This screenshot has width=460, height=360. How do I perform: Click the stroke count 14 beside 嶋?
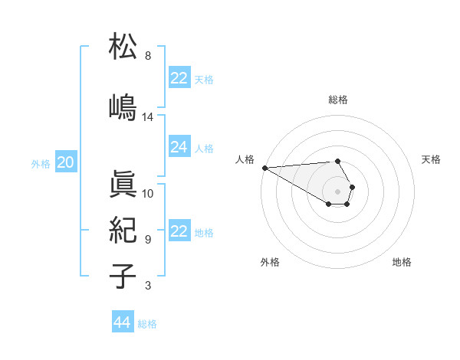(x=148, y=117)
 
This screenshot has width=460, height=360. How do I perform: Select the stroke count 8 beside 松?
(x=148, y=56)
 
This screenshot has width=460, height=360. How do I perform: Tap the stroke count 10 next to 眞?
(x=148, y=194)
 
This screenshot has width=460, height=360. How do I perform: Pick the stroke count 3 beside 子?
(x=148, y=286)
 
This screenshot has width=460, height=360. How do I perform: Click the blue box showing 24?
(x=179, y=147)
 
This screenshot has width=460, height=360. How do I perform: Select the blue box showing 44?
(x=122, y=322)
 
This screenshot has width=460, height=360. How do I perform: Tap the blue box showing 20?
(x=66, y=162)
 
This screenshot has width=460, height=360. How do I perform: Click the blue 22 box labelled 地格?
(x=179, y=231)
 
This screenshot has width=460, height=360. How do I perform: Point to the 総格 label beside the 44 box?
(x=147, y=324)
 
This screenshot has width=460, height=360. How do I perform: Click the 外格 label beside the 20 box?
(x=41, y=163)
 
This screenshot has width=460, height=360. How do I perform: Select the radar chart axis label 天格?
(x=431, y=159)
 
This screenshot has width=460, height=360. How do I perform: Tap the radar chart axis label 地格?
(x=402, y=262)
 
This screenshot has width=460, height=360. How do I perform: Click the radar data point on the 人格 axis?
(x=264, y=168)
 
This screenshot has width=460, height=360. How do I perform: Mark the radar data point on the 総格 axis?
(x=337, y=161)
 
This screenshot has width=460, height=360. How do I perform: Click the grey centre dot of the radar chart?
(x=337, y=191)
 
